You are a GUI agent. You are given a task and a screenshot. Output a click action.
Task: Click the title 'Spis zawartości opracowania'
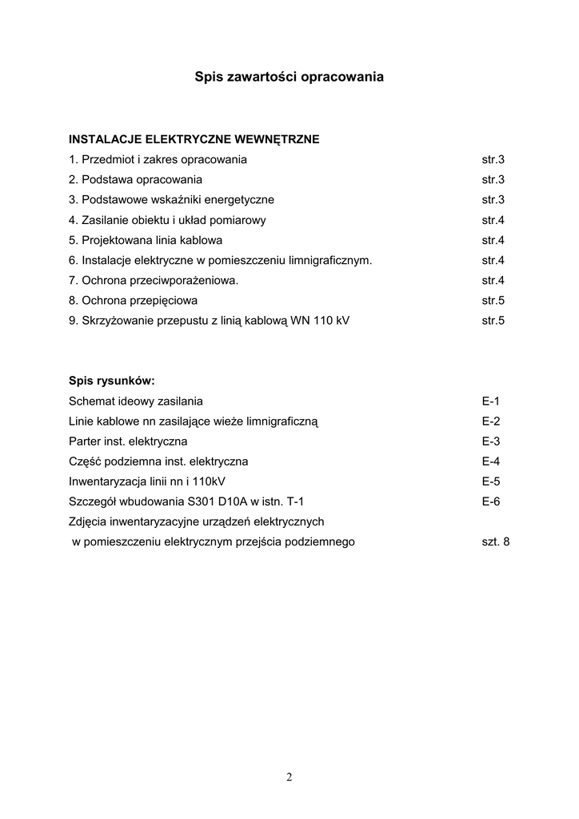pos(289,78)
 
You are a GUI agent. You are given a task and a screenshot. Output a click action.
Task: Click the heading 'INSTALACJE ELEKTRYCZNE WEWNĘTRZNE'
pos(194,139)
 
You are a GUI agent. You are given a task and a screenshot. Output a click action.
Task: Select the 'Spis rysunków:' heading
pos(112,381)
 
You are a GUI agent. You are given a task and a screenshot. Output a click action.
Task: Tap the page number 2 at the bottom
pos(289,777)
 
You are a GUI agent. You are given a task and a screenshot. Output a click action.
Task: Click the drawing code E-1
pos(490,401)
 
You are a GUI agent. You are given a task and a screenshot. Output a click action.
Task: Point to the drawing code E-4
pos(490,461)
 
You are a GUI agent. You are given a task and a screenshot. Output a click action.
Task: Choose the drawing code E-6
pos(490,501)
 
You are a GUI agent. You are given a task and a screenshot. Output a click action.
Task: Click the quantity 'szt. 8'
pos(495,542)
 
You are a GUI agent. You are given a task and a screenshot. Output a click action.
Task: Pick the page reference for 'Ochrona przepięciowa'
pos(493,301)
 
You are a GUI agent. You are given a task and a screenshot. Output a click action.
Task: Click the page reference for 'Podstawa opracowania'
pos(493,179)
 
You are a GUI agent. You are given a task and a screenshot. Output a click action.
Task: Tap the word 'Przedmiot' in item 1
pos(106,159)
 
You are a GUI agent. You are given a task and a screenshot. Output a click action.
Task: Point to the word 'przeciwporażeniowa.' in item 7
pos(187,281)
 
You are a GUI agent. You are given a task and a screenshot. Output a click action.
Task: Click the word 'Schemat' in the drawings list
pos(92,401)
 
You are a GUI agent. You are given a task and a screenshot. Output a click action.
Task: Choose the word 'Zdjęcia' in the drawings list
pos(90,521)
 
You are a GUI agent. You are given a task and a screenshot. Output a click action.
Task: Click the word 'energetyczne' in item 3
pos(240,199)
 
